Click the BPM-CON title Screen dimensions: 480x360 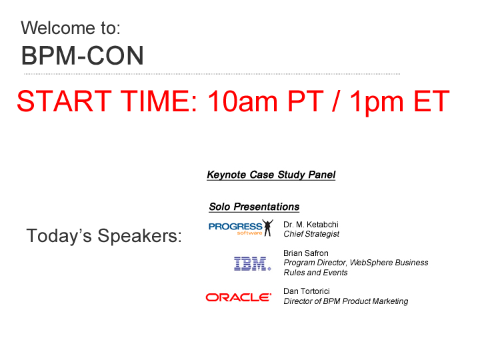pyautogui.click(x=83, y=56)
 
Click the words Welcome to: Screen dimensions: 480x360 pyautogui.click(x=71, y=28)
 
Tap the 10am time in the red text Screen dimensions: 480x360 pyautogui.click(x=243, y=101)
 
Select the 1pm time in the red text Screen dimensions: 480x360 pyautogui.click(x=377, y=101)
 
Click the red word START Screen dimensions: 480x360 pyautogui.click(x=64, y=101)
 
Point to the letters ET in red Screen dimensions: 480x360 pyautogui.click(x=431, y=101)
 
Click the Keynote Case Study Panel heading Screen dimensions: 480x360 pyautogui.click(x=271, y=175)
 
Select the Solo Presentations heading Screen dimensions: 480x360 pyautogui.click(x=254, y=207)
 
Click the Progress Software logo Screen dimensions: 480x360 pyautogui.click(x=241, y=228)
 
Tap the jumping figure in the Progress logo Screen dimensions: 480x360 pyautogui.click(x=268, y=227)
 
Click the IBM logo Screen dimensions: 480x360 pyautogui.click(x=252, y=263)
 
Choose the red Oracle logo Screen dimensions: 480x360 pyautogui.click(x=239, y=297)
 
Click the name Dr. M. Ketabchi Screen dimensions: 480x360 pyautogui.click(x=311, y=225)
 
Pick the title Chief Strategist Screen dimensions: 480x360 pyautogui.click(x=311, y=234)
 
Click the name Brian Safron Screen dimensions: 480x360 pyautogui.click(x=306, y=253)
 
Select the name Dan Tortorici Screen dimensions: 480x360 pyautogui.click(x=307, y=291)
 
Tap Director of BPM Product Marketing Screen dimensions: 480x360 pyautogui.click(x=346, y=301)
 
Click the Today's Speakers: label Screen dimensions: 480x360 pyautogui.click(x=104, y=236)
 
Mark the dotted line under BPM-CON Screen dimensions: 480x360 pyautogui.click(x=212, y=74)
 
